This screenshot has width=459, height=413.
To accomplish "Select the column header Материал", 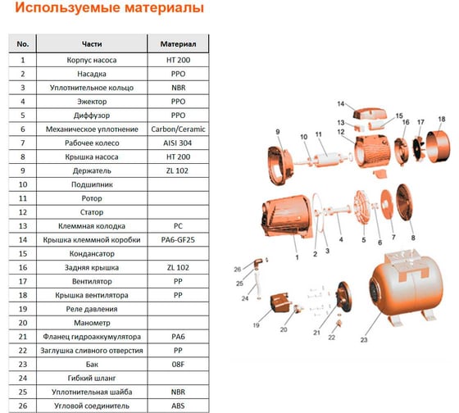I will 178,43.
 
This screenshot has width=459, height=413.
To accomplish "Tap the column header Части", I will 93,43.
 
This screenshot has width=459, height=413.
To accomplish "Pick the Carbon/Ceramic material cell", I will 178,129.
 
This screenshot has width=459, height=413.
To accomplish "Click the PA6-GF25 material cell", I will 178,239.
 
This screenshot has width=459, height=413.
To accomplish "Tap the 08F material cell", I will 178,365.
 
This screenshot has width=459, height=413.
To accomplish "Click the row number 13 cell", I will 23,225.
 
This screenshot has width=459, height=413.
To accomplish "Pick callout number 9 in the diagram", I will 278,133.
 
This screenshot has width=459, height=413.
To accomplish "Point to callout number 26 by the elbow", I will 238,268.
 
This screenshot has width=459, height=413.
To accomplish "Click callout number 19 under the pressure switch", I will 257,325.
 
